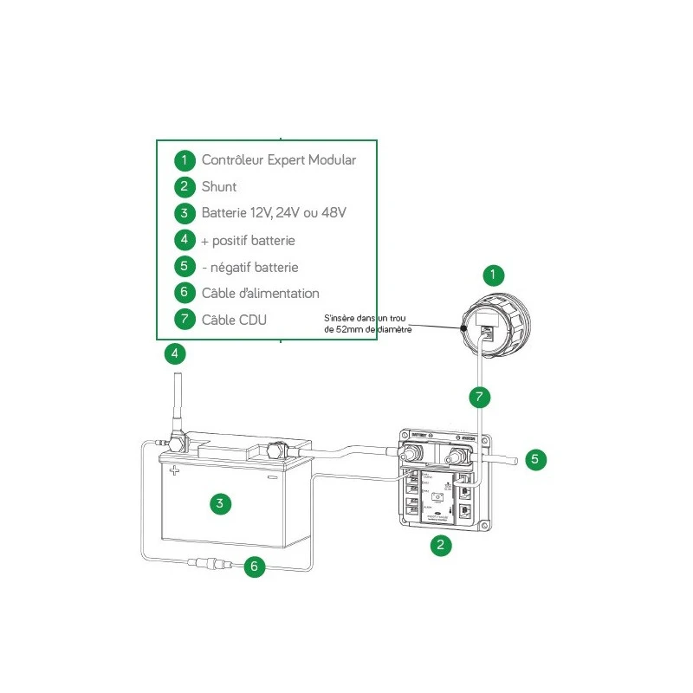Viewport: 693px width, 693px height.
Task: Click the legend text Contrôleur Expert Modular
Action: [278, 160]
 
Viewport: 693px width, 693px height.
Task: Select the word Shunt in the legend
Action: [219, 187]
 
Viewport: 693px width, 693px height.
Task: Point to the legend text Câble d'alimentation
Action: [260, 294]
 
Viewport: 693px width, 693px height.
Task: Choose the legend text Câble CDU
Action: [234, 320]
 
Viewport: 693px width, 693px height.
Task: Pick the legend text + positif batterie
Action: [254, 240]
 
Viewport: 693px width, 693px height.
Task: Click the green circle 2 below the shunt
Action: [442, 545]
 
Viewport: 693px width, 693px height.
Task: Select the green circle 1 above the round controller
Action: [492, 276]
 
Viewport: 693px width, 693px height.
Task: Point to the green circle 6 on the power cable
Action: [254, 567]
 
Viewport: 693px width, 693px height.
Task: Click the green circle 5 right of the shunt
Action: [535, 459]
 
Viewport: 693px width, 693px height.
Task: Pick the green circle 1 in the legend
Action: [185, 160]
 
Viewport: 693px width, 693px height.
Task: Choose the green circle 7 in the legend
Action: [185, 320]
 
